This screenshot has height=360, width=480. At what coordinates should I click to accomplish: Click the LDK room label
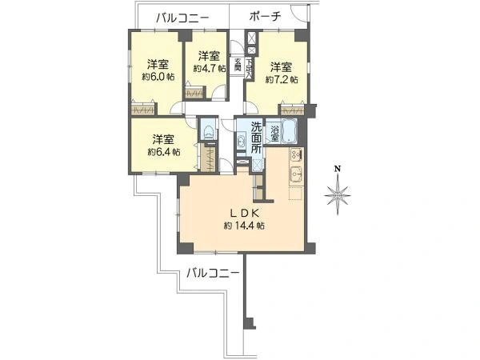point(245,213)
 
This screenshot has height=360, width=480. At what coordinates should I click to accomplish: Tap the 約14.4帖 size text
point(244,226)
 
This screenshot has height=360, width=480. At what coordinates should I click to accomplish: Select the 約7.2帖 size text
point(282,80)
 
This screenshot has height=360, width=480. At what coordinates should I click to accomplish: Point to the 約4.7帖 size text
point(210,69)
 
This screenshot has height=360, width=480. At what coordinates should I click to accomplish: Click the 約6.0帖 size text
point(158,77)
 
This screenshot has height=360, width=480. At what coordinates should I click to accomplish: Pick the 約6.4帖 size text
point(163,151)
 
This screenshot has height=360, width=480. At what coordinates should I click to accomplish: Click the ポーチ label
point(265,16)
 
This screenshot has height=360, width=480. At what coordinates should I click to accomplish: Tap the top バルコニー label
point(182,18)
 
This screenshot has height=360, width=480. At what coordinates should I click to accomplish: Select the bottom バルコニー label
point(213,272)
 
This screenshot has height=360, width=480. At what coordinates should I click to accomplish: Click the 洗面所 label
point(256,138)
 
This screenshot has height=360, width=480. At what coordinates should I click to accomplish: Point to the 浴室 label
point(274,133)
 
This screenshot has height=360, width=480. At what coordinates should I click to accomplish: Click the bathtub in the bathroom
point(288,130)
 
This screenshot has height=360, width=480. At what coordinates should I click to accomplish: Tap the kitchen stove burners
point(296,154)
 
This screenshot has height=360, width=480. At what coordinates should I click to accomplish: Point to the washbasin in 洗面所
point(241,142)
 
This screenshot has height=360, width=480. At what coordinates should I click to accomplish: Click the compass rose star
point(338,195)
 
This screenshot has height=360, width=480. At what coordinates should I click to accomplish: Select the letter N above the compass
point(338,168)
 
